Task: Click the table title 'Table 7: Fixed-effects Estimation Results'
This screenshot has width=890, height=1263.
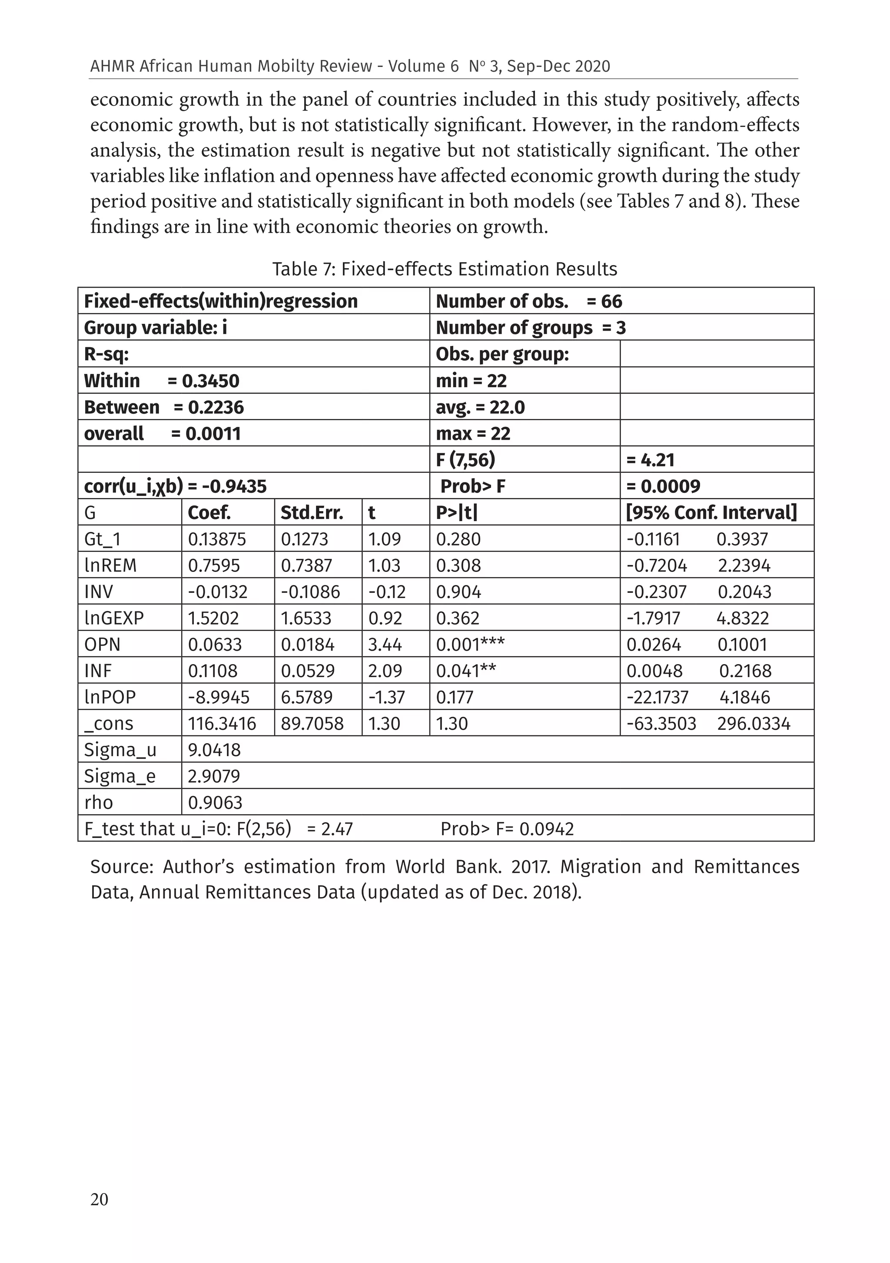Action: pyautogui.click(x=445, y=269)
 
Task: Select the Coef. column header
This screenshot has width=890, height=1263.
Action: pyautogui.click(x=209, y=513)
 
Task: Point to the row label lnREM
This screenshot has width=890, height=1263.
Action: pyautogui.click(x=110, y=565)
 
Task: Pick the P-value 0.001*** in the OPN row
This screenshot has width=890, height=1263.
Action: pyautogui.click(x=470, y=645)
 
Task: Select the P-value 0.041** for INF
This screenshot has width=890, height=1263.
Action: pyautogui.click(x=465, y=671)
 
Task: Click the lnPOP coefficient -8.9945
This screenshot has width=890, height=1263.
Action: pyautogui.click(x=219, y=698)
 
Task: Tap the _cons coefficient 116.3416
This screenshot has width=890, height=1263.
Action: pyautogui.click(x=222, y=723)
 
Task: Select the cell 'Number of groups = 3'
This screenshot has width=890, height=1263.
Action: pyautogui.click(x=530, y=328)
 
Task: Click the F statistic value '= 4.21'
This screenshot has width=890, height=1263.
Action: pyautogui.click(x=650, y=460)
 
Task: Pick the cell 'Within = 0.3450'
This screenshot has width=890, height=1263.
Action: pyautogui.click(x=161, y=381)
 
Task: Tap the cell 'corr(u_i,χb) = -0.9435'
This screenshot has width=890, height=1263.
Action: pyautogui.click(x=175, y=486)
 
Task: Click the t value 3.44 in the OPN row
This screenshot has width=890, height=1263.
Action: pyautogui.click(x=384, y=645)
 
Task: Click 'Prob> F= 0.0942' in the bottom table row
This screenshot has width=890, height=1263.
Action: pyautogui.click(x=507, y=829)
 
